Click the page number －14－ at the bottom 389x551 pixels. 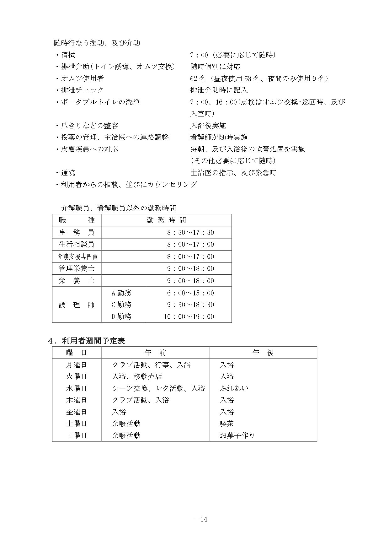click(204, 519)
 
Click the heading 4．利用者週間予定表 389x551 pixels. click(86, 341)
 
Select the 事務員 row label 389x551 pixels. click(77, 233)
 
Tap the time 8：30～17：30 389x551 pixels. click(190, 233)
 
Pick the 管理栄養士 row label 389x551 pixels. click(77, 269)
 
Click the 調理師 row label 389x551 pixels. click(77, 305)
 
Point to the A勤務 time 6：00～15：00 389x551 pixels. click(190, 293)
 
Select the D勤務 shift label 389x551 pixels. click(121, 316)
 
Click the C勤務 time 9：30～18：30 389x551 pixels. click(190, 305)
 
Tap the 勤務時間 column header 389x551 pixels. click(166, 220)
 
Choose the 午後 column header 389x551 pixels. click(263, 353)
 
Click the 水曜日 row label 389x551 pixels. click(76, 388)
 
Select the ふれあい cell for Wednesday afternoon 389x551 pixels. click(234, 388)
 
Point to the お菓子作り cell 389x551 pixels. click(237, 435)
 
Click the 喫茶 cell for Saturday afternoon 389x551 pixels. click(227, 424)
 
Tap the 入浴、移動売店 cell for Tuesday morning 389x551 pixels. click(137, 376)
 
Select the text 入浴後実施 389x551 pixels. click(208, 126)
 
